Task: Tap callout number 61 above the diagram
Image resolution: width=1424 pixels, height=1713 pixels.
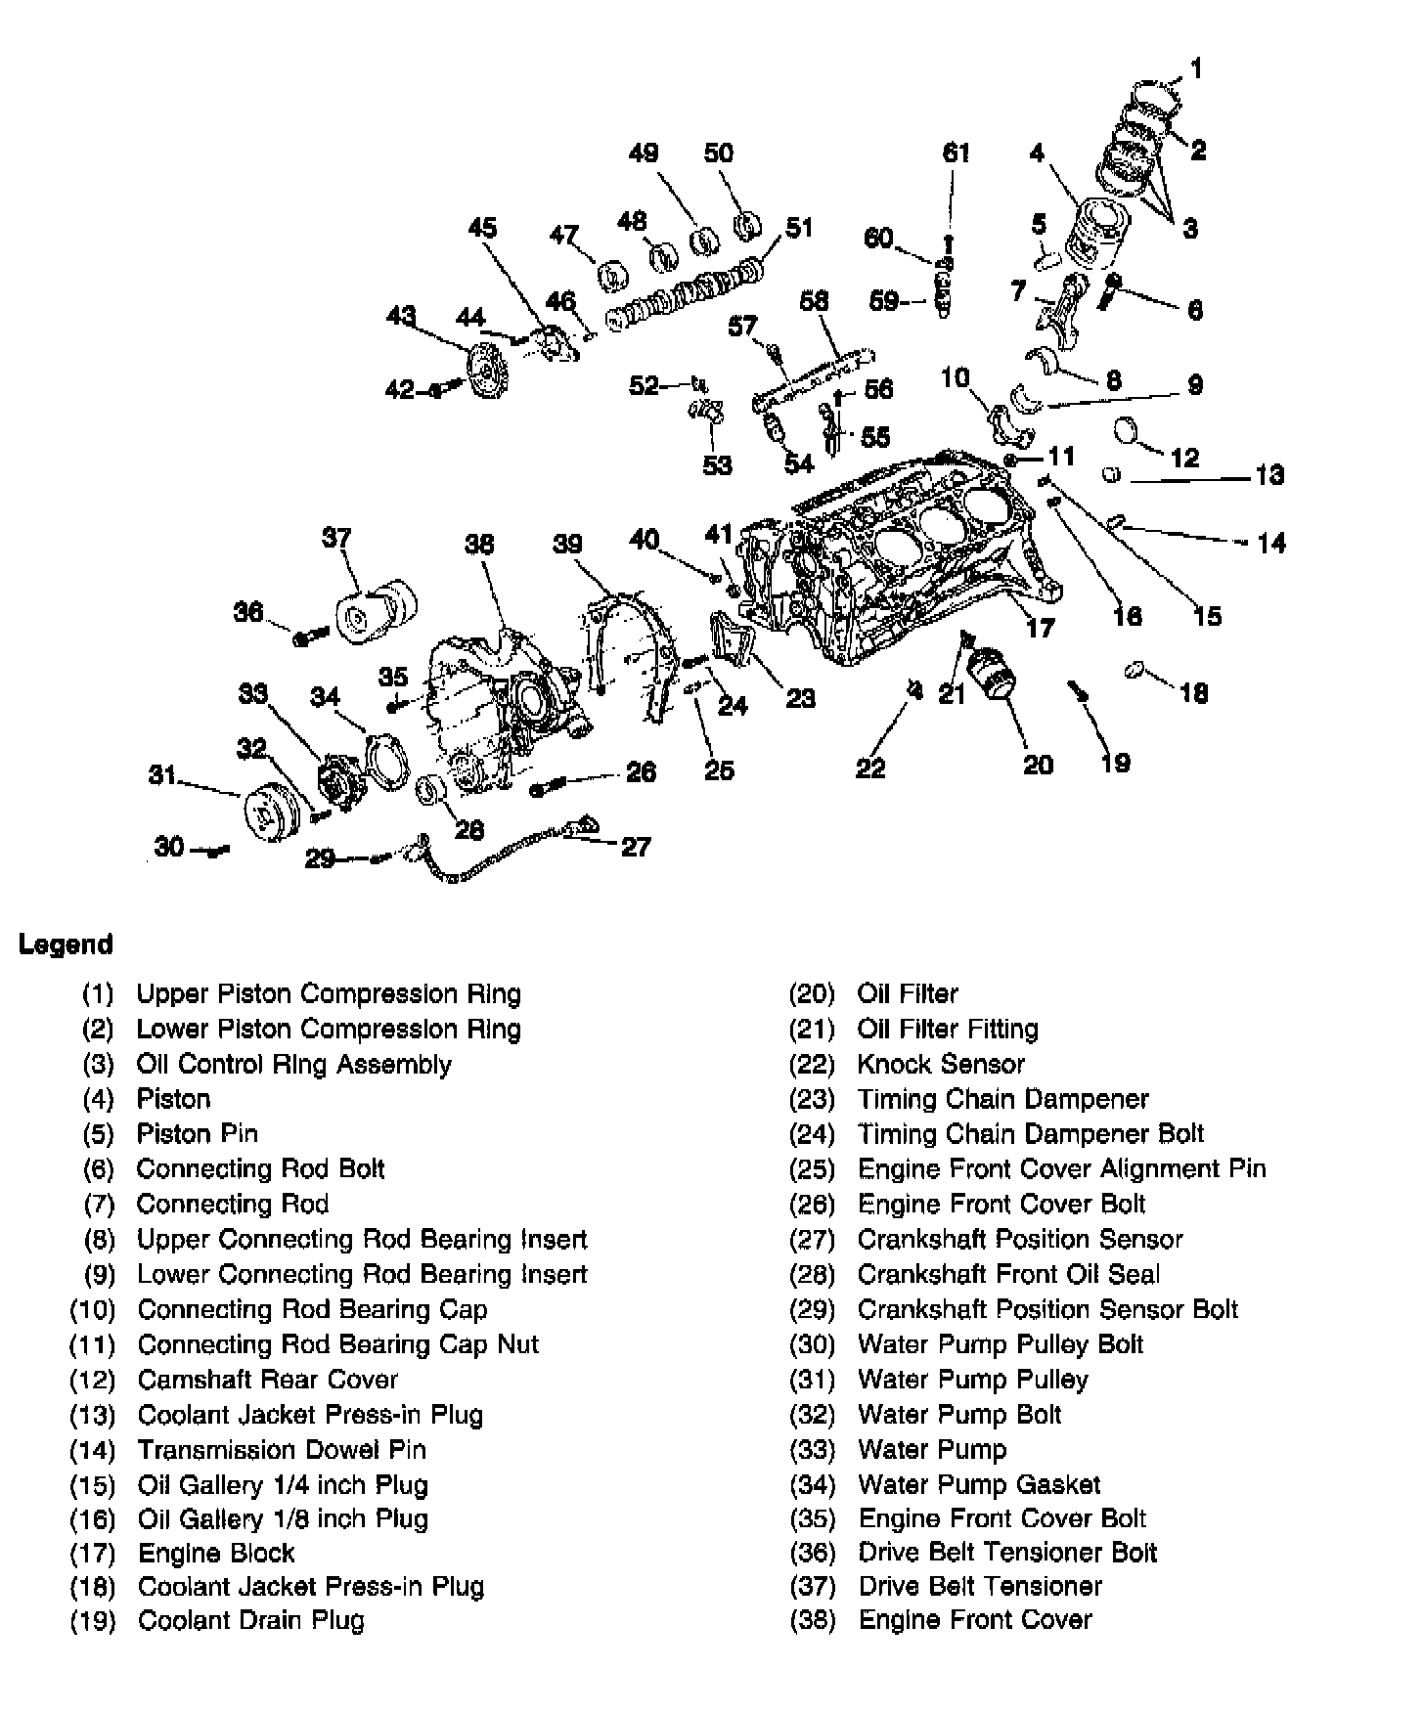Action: pos(956,153)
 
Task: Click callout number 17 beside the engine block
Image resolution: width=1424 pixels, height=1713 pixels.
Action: pos(1040,626)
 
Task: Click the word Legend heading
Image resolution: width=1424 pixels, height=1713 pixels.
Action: pos(66,944)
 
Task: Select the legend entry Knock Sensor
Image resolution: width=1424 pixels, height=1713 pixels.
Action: pos(940,1064)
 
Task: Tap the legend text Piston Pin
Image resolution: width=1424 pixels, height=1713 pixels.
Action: pos(197,1134)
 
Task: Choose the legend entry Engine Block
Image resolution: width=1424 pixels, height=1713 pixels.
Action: pos(215,1554)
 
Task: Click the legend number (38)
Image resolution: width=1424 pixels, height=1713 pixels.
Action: pos(812,1620)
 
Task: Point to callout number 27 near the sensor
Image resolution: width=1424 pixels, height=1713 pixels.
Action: pos(636,847)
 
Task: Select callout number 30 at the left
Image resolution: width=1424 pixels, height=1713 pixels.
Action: pos(169,847)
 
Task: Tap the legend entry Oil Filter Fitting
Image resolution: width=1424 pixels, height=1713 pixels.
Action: pos(947,1029)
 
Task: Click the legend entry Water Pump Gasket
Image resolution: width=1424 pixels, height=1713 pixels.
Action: pos(978,1485)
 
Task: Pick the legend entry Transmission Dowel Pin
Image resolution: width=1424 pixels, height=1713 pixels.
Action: pos(281,1450)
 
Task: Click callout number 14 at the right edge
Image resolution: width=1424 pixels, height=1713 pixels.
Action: pos(1270,543)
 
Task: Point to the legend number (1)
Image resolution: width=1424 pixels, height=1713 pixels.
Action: pos(98,994)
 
